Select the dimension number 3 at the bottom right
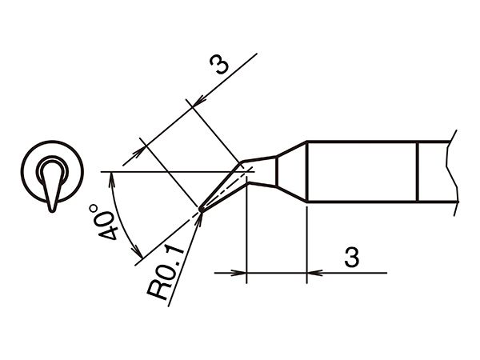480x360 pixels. tap(351, 257)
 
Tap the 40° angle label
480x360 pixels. tap(104, 222)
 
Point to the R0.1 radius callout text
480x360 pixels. tap(165, 271)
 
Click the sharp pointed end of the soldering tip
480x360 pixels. tap(201, 210)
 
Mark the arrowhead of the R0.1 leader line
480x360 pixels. tap(200, 217)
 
